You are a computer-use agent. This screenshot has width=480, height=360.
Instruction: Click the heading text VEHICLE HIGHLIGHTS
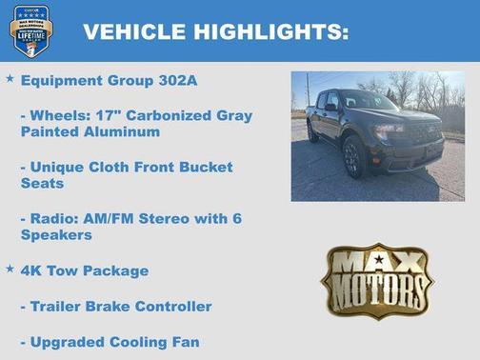pyautogui.click(x=215, y=31)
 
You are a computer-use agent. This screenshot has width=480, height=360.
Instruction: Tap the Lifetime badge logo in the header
pyautogui.click(x=30, y=30)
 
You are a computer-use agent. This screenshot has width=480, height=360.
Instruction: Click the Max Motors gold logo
pyautogui.click(x=376, y=280)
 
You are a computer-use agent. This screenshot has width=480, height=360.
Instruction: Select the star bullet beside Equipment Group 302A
pyautogui.click(x=10, y=79)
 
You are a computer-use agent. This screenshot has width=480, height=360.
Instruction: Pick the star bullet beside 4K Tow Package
pyautogui.click(x=10, y=270)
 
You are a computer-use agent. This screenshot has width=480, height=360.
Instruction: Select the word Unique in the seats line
pyautogui.click(x=58, y=167)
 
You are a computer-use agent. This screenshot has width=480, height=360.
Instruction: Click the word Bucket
pyautogui.click(x=203, y=167)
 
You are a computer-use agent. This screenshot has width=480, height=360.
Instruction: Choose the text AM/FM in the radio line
pyautogui.click(x=102, y=218)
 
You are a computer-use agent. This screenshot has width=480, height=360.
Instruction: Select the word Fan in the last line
pyautogui.click(x=186, y=341)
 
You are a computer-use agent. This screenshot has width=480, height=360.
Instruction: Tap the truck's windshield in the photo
pyautogui.click(x=369, y=101)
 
